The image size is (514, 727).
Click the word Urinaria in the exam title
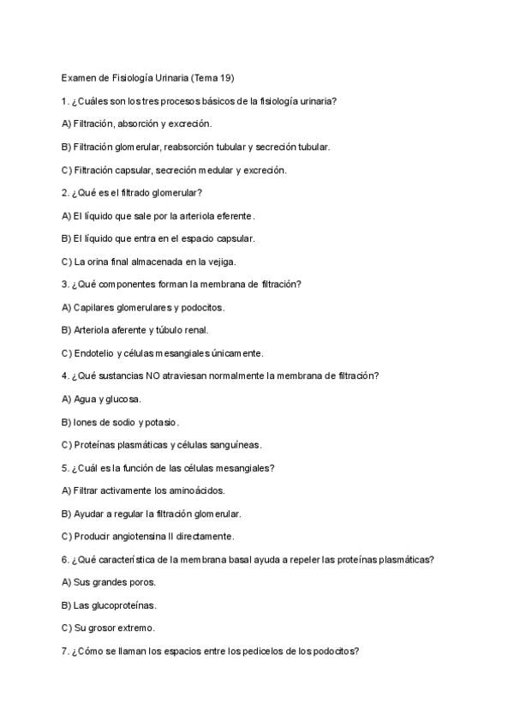tap(171, 78)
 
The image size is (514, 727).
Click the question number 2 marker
tap(65, 193)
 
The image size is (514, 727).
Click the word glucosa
tap(124, 399)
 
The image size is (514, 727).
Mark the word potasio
tap(160, 422)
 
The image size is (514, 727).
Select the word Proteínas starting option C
tap(94, 445)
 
